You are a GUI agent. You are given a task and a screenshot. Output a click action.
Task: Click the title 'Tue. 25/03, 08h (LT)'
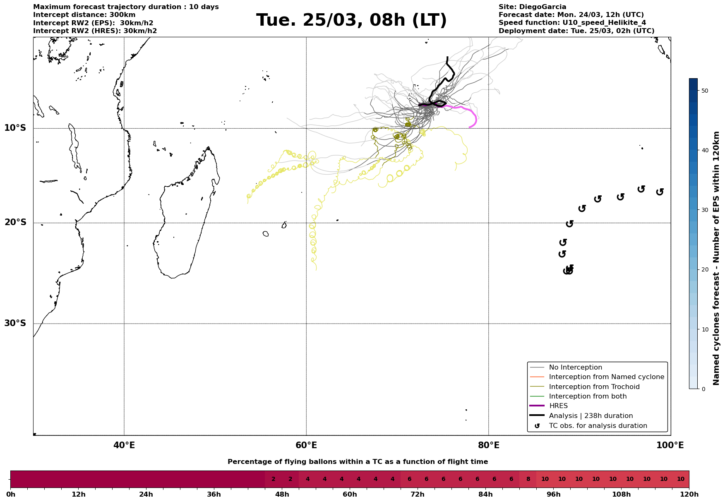click(351, 20)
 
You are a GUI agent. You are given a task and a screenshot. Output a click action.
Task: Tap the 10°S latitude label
click(15, 128)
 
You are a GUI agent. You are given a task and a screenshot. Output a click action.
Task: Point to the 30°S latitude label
click(15, 323)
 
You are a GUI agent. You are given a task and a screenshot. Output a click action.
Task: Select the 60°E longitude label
click(306, 445)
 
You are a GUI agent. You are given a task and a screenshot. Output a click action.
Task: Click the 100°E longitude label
click(670, 445)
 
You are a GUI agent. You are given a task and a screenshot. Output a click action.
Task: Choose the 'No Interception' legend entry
click(575, 367)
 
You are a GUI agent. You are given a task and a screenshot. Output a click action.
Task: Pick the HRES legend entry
click(558, 406)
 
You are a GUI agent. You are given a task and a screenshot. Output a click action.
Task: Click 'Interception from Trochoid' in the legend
click(594, 387)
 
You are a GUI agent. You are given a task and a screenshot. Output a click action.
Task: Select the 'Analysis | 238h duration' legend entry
click(591, 416)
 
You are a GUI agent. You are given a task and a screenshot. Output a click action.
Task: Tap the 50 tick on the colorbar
click(705, 91)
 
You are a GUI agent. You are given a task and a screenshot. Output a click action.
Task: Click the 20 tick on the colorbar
click(705, 269)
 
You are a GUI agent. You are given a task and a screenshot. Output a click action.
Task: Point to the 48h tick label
click(282, 495)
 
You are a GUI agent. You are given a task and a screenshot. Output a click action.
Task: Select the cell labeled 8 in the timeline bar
click(528, 479)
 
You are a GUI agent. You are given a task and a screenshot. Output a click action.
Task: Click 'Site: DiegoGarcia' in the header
click(532, 7)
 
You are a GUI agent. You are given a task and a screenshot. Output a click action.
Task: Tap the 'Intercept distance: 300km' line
click(84, 15)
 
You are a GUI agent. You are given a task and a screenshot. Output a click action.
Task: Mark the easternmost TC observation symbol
click(660, 192)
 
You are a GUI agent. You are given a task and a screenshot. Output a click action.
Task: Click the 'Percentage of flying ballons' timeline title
click(358, 462)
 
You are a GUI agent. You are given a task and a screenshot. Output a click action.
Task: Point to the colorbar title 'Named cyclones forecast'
click(717, 258)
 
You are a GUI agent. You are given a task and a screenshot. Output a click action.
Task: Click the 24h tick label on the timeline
click(146, 495)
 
